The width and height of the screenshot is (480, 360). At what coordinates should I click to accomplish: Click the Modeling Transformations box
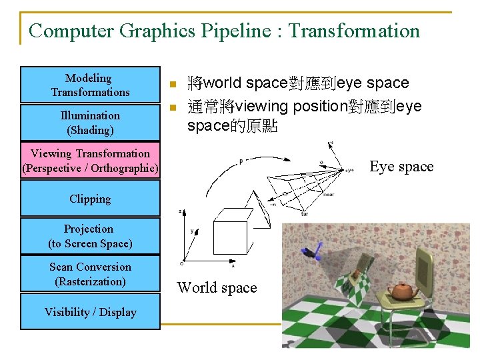90,85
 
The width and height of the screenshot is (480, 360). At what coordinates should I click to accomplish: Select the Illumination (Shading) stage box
90,123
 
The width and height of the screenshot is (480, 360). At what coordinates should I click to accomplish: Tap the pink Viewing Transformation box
90,161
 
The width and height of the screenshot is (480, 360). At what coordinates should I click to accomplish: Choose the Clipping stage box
90,199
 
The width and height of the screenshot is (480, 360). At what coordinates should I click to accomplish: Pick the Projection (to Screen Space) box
90,236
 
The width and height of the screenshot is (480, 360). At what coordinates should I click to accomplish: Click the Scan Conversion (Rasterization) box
90,274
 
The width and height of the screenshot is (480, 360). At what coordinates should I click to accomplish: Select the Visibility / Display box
90,312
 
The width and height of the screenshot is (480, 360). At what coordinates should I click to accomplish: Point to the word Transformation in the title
354,31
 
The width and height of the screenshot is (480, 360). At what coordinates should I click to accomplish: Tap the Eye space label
401,167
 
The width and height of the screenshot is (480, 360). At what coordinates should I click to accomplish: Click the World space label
217,288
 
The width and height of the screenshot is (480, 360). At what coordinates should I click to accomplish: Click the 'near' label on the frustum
329,195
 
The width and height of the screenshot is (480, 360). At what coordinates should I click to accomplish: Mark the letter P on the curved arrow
241,161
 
